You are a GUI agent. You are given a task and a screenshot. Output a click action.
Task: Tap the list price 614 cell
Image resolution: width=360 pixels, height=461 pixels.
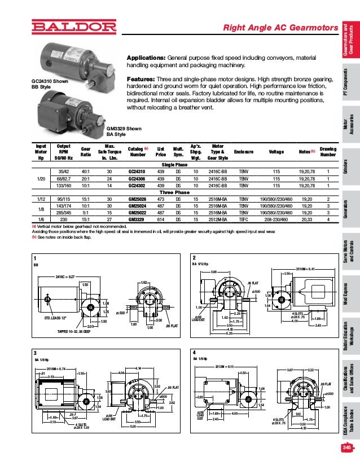tap(160, 219)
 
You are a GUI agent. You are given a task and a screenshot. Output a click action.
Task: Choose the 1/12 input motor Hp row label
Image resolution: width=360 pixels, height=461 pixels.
tap(41, 199)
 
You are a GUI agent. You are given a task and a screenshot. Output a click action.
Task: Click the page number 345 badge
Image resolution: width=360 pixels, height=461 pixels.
tap(346, 448)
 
